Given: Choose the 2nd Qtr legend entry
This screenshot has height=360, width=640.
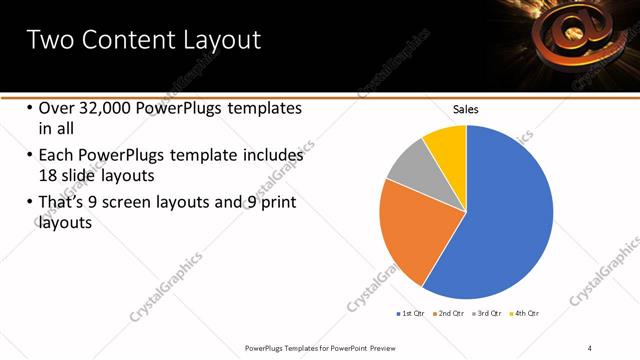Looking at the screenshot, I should (x=451, y=314).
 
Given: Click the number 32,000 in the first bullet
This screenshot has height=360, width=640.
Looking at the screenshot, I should (x=106, y=108).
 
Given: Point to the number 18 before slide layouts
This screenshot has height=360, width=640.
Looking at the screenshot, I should (x=50, y=174).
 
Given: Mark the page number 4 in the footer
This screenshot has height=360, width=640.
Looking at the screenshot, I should (x=590, y=347).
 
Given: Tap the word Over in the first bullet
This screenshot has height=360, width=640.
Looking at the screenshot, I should (x=56, y=108).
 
